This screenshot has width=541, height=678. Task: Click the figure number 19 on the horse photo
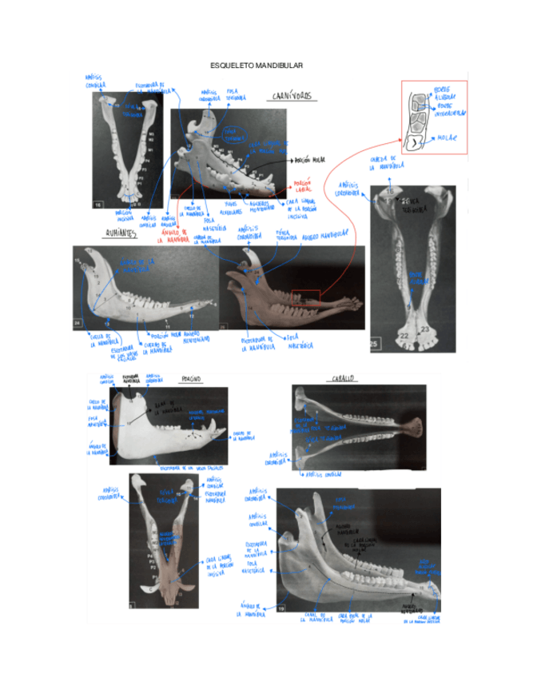click(x=282, y=608)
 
